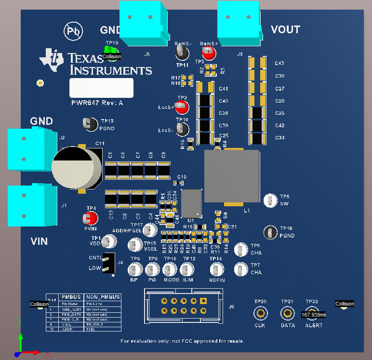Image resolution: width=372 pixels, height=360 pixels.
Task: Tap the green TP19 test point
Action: point(111,50)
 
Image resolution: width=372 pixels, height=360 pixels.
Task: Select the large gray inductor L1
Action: point(232,176)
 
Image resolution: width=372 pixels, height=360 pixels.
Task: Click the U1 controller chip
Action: point(191,203)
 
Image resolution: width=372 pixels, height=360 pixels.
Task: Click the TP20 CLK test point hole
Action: point(261,314)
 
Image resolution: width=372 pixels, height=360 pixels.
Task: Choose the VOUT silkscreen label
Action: point(285,30)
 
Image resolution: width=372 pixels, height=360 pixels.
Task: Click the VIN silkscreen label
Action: point(41,241)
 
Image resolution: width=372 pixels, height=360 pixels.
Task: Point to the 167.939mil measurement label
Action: point(313,315)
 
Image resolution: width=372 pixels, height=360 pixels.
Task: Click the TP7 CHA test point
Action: point(240,269)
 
